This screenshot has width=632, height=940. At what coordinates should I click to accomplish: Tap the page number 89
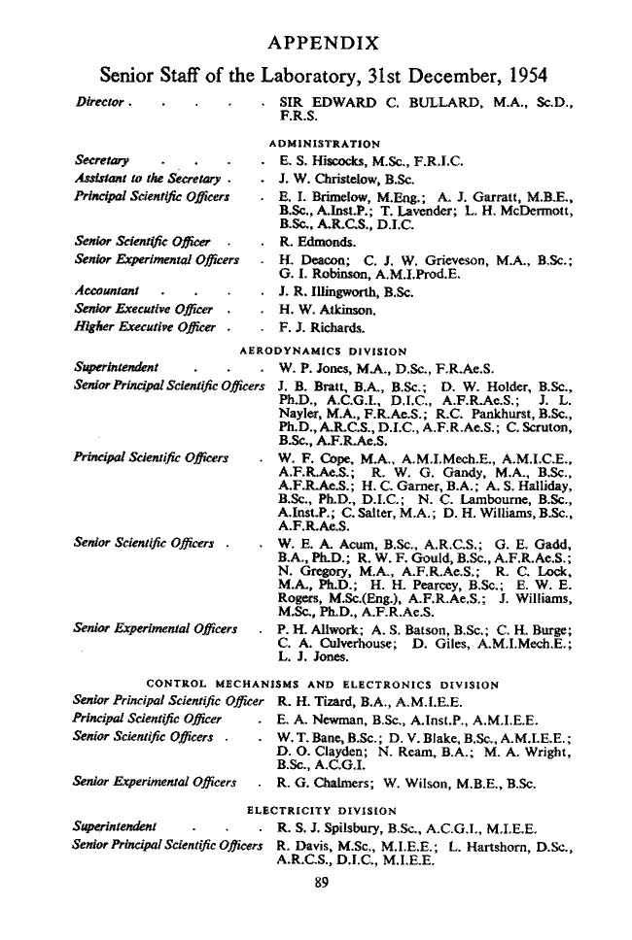click(314, 883)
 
